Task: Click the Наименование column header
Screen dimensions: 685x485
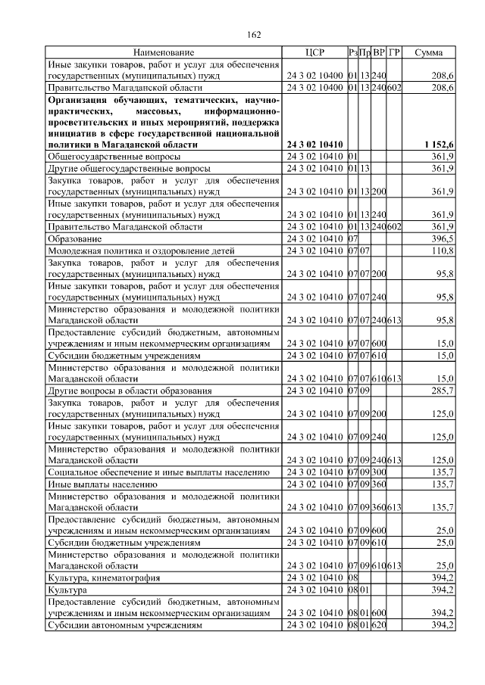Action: tap(164, 52)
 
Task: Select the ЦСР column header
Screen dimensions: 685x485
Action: tap(314, 52)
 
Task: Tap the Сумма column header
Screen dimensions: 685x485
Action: tap(429, 52)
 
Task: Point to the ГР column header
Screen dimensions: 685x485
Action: tap(394, 52)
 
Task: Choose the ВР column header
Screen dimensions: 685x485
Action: tap(379, 52)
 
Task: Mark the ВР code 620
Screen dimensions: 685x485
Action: tap(379, 625)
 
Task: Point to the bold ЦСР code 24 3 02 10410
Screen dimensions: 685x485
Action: tap(314, 144)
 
